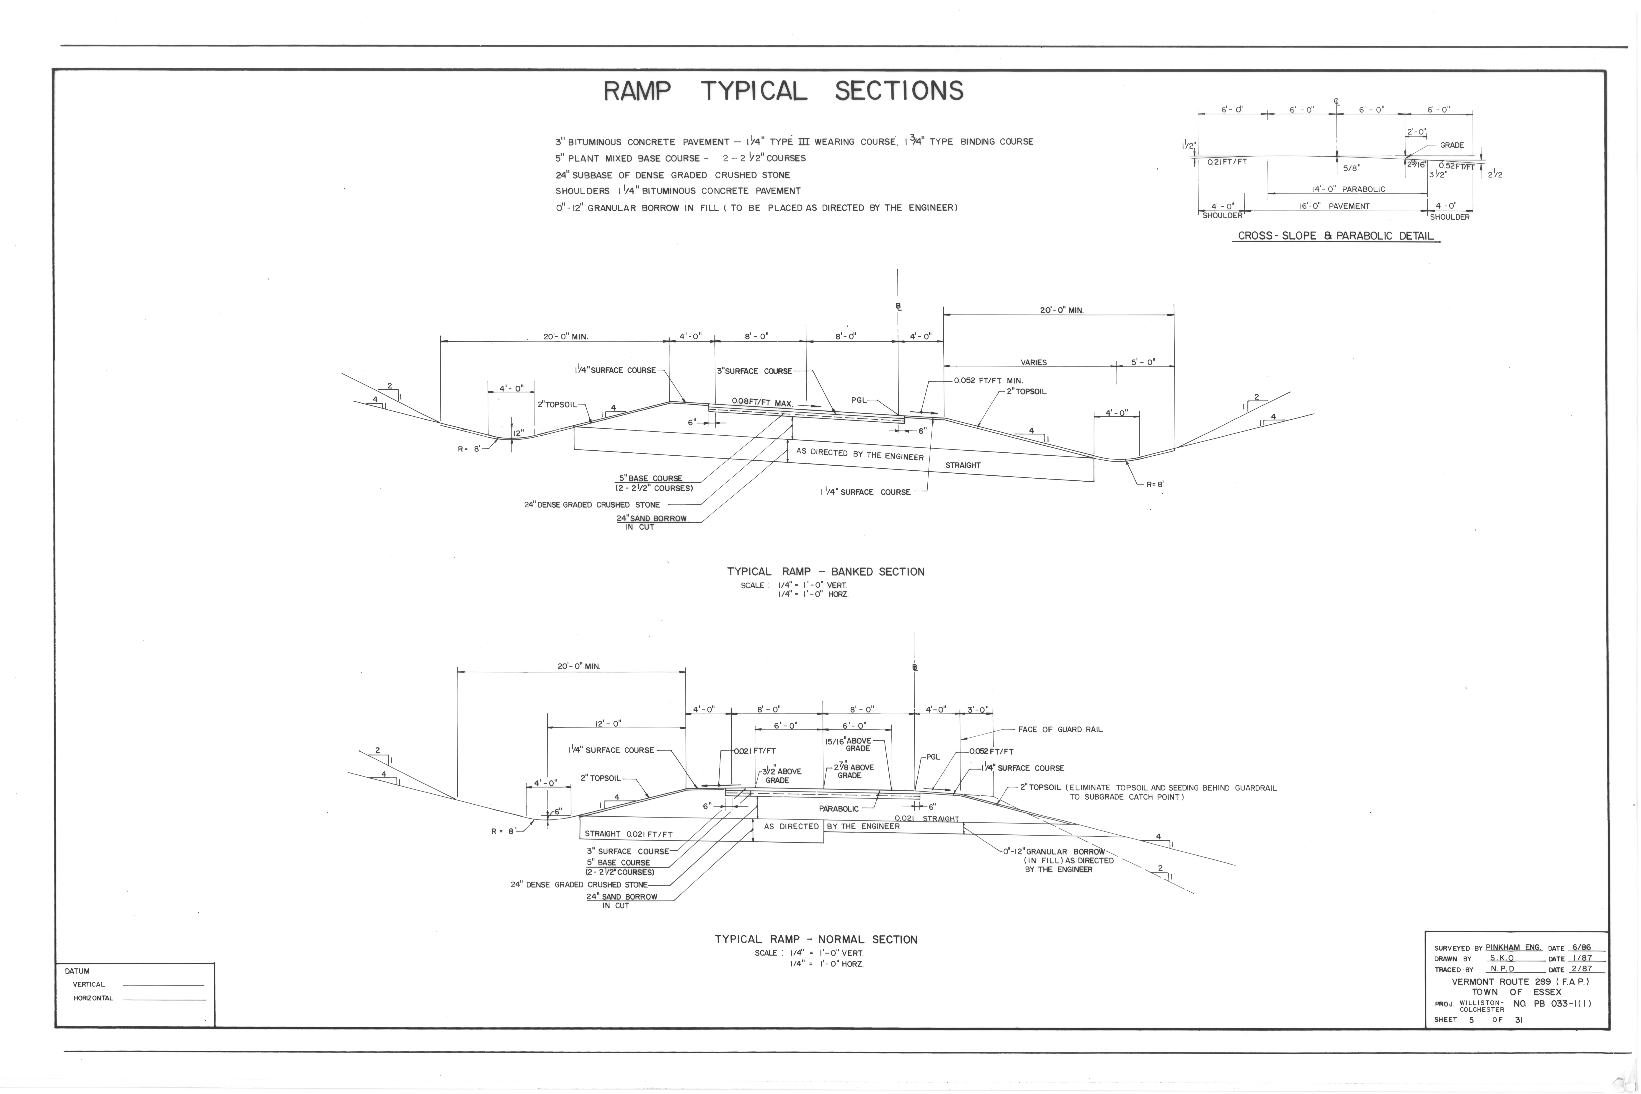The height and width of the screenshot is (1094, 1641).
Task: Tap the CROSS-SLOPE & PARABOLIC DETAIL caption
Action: [1335, 236]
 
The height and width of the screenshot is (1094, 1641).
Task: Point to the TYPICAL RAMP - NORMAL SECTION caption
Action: [816, 939]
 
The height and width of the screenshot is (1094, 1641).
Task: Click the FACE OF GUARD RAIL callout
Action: [1060, 729]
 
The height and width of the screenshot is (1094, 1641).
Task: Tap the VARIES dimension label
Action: [1033, 362]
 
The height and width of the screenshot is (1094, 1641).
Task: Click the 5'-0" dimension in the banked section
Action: [1143, 362]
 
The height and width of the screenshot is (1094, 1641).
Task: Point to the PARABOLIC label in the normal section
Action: [839, 809]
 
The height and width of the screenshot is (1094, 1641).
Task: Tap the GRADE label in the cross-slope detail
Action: [1452, 145]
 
